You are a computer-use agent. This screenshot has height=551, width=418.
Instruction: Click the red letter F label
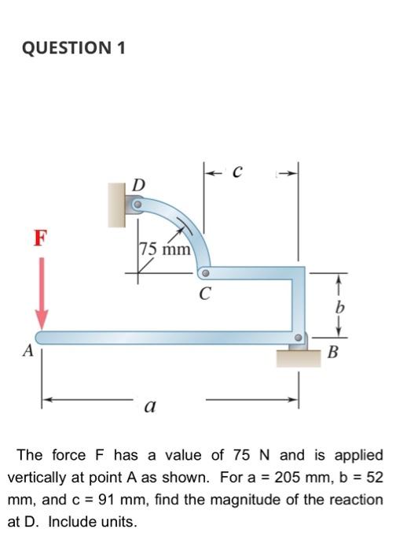click(x=40, y=236)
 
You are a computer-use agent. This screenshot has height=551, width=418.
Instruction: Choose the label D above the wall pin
click(x=138, y=185)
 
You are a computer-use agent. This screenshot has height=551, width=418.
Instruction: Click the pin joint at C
click(x=204, y=274)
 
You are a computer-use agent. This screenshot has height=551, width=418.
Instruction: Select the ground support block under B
click(x=297, y=357)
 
